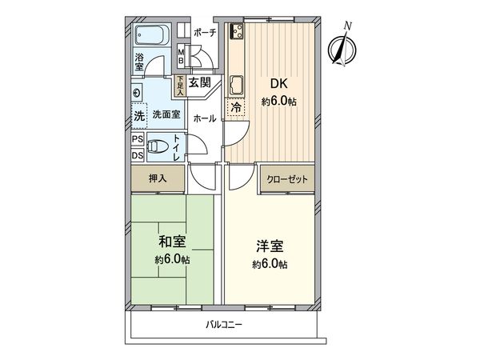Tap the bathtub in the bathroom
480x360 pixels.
click(150, 37)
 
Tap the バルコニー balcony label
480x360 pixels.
click(224, 324)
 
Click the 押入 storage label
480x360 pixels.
click(158, 179)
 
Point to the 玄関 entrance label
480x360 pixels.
click(199, 82)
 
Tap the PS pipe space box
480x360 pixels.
click(138, 138)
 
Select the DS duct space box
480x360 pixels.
click(138, 154)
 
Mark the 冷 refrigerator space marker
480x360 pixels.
click(236, 106)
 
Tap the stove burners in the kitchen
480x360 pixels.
click(237, 34)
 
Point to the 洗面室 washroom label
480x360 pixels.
click(166, 115)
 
